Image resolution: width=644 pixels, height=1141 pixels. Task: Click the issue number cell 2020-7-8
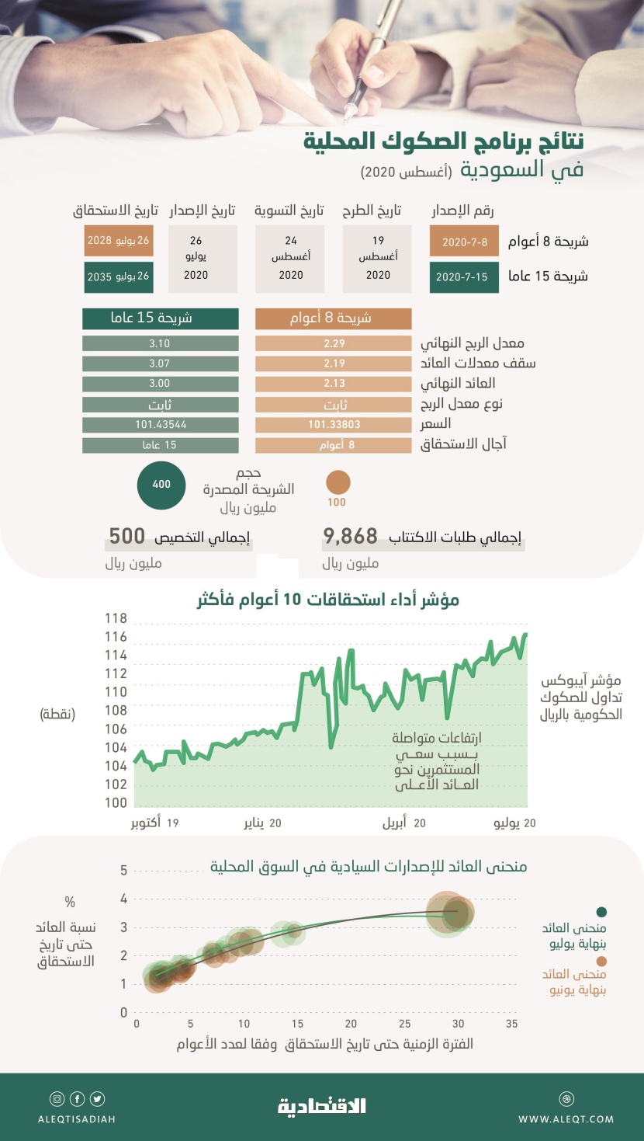pyautogui.click(x=464, y=242)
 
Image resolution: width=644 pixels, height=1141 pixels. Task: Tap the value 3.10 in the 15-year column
pyautogui.click(x=160, y=343)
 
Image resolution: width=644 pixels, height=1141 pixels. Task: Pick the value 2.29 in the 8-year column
pyautogui.click(x=334, y=343)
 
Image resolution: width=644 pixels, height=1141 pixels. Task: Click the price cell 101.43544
pyautogui.click(x=160, y=425)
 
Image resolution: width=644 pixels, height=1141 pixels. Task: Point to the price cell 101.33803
pyautogui.click(x=334, y=425)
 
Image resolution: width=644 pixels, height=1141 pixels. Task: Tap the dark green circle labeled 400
pyautogui.click(x=161, y=484)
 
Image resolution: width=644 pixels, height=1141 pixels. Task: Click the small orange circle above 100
pyautogui.click(x=338, y=482)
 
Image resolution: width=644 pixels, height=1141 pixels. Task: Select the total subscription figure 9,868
pyautogui.click(x=351, y=536)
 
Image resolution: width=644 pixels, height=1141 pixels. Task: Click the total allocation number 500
pyautogui.click(x=127, y=536)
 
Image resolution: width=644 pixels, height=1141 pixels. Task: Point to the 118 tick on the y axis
pyautogui.click(x=116, y=619)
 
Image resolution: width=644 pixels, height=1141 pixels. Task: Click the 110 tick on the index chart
pyautogui.click(x=116, y=692)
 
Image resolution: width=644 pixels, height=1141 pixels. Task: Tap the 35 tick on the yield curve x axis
pyautogui.click(x=511, y=1024)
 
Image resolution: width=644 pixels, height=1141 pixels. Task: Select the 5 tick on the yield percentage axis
pyautogui.click(x=123, y=871)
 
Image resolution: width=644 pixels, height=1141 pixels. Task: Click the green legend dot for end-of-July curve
pyautogui.click(x=601, y=913)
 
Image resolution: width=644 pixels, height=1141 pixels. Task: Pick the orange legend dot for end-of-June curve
pyautogui.click(x=601, y=961)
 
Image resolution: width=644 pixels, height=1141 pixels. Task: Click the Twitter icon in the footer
pyautogui.click(x=97, y=1099)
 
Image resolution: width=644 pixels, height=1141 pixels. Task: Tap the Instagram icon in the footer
pyautogui.click(x=57, y=1099)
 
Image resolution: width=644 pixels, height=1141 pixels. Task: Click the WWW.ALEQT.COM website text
pyautogui.click(x=566, y=1119)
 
